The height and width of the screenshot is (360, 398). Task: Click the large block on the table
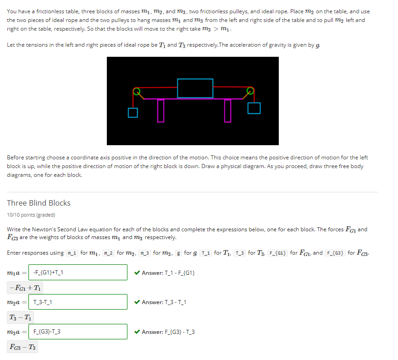195,88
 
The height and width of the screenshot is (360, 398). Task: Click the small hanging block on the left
133,113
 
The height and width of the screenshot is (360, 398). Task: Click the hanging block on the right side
254,108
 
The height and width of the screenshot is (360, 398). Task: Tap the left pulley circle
136,91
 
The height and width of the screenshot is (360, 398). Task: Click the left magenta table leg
160,110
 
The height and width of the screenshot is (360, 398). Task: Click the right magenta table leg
227,110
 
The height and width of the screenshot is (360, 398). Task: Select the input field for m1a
78,273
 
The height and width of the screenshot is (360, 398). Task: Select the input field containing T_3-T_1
78,302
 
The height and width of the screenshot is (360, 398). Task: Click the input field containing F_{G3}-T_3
78,332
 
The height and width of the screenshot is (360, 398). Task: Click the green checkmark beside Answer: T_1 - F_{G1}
137,273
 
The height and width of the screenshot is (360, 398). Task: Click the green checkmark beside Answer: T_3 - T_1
137,302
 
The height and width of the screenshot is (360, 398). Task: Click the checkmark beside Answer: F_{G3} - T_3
137,332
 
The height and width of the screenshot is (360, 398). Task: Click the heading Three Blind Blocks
39,203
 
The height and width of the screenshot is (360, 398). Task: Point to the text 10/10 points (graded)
31,215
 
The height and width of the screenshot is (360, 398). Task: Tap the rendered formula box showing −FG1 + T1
26,288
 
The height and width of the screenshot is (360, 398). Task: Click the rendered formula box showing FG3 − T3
22,347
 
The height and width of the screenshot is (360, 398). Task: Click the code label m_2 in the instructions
108,253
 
